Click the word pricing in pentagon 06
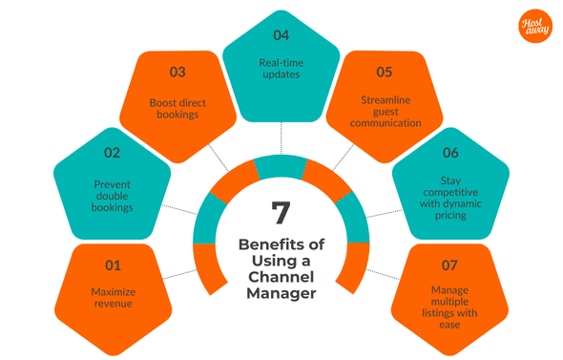[450, 216]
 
